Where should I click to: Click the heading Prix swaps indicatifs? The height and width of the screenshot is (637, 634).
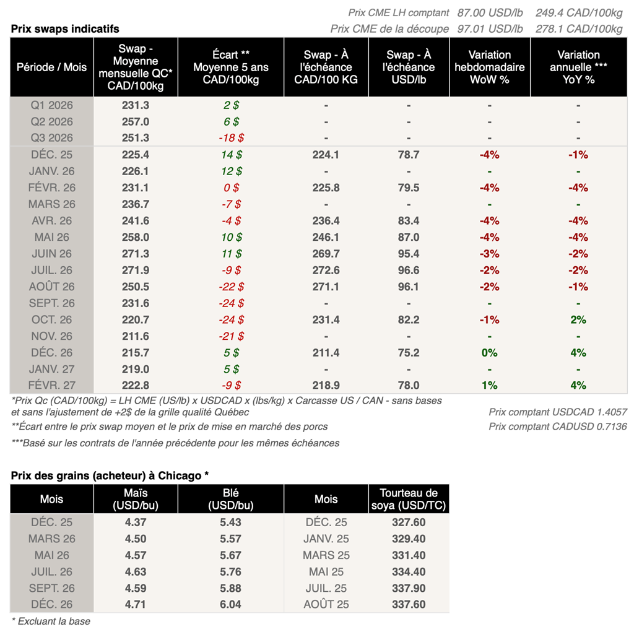65,29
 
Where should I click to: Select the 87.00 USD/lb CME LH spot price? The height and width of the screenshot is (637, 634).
490,12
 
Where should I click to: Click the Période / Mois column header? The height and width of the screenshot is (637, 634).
52,67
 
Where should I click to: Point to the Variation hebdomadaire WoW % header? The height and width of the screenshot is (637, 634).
489,67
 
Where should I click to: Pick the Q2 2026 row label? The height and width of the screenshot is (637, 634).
52,122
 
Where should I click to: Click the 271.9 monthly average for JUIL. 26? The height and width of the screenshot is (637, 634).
136,271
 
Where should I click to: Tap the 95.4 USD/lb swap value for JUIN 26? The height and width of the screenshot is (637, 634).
409,254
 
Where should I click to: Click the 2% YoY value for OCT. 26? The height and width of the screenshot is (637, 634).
578,320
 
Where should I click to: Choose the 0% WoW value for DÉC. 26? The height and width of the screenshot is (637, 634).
489,353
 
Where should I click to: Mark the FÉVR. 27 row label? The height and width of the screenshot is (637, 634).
52,386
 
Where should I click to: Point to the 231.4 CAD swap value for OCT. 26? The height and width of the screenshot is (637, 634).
326,320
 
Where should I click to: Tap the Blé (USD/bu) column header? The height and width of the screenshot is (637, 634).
231,499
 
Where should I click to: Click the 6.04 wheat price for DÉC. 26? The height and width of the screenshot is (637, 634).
231,604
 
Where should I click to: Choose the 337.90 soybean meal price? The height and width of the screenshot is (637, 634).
408,588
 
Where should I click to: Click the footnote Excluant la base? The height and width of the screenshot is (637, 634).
51,621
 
